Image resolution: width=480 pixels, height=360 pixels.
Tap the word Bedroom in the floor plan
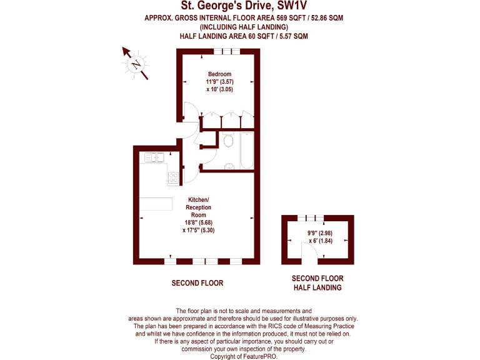219,74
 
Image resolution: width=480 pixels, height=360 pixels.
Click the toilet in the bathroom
228,141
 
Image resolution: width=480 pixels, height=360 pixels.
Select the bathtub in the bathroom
246,150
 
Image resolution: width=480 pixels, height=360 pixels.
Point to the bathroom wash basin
229,166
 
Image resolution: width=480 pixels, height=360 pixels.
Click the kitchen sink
154,157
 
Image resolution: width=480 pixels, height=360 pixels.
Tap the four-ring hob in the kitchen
172,177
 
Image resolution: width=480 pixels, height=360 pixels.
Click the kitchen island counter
156,204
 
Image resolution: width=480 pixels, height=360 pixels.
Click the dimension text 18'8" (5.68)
199,222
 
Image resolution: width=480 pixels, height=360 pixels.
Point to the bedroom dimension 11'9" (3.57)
219,82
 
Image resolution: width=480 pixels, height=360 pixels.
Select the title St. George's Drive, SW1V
244,6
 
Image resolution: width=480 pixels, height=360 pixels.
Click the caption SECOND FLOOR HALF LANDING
317,283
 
